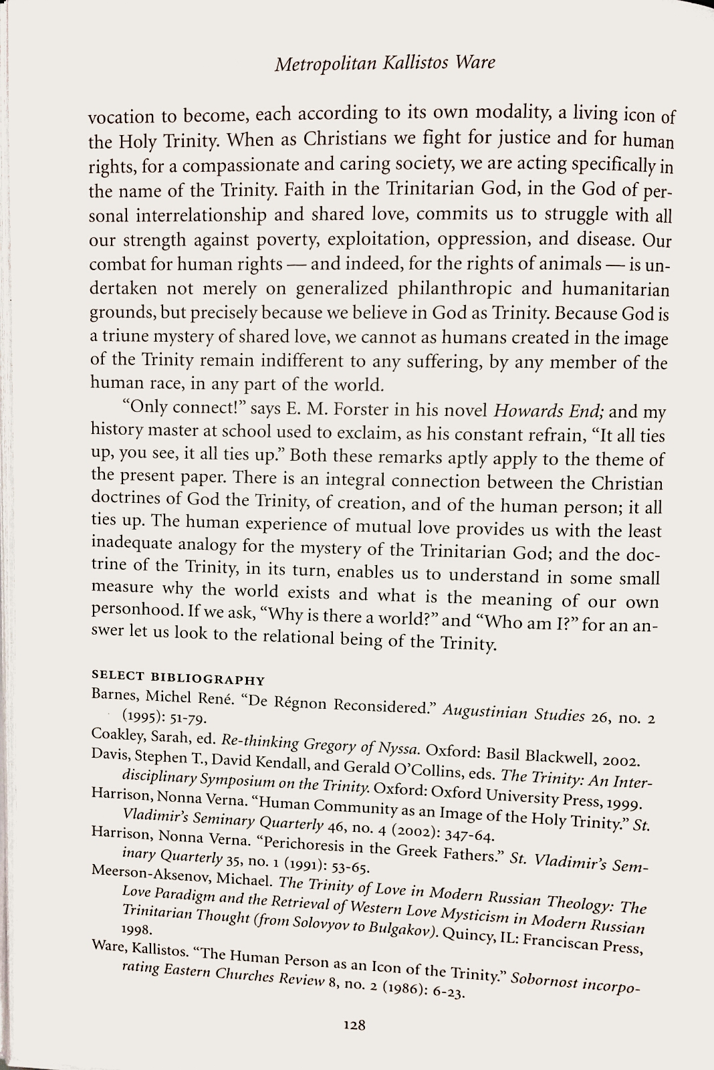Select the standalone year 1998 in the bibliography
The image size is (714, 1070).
coord(138,930)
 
